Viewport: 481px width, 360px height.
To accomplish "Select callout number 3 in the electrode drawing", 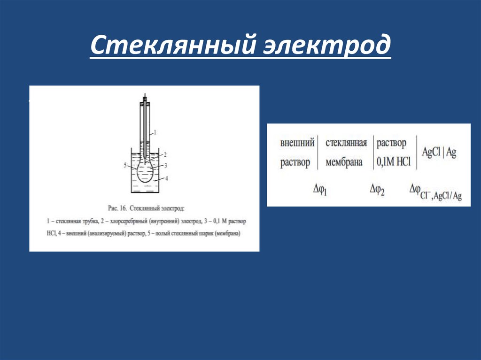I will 166,165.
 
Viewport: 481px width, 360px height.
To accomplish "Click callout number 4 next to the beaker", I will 166,178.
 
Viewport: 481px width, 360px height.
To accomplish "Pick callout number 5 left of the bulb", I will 125,165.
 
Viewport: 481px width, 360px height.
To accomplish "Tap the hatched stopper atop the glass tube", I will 145,100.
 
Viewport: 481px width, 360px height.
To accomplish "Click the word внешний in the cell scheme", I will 297,143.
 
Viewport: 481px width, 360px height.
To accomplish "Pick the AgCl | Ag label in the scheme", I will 439,153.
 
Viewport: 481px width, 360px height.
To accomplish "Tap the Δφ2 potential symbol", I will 377,190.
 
